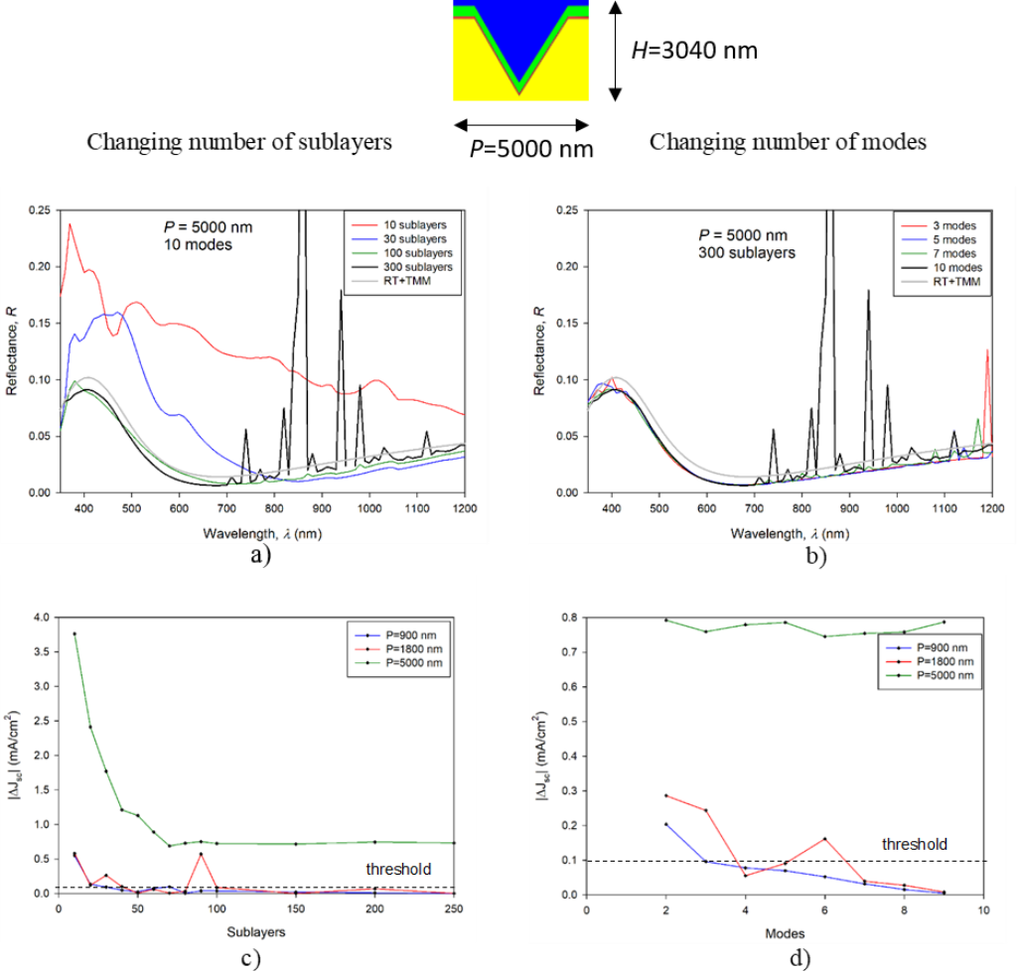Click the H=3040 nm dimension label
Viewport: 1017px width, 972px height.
694,49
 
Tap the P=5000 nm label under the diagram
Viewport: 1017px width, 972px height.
531,148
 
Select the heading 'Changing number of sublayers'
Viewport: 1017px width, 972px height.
239,142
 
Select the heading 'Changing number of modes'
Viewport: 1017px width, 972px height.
788,142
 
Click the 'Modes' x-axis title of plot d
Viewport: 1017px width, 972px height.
785,932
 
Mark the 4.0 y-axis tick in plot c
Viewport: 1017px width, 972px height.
41,618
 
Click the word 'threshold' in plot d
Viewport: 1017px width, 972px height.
915,844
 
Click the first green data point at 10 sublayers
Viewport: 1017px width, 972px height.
74,633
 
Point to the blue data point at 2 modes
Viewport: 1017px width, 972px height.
666,824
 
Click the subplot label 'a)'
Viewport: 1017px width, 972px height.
260,555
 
